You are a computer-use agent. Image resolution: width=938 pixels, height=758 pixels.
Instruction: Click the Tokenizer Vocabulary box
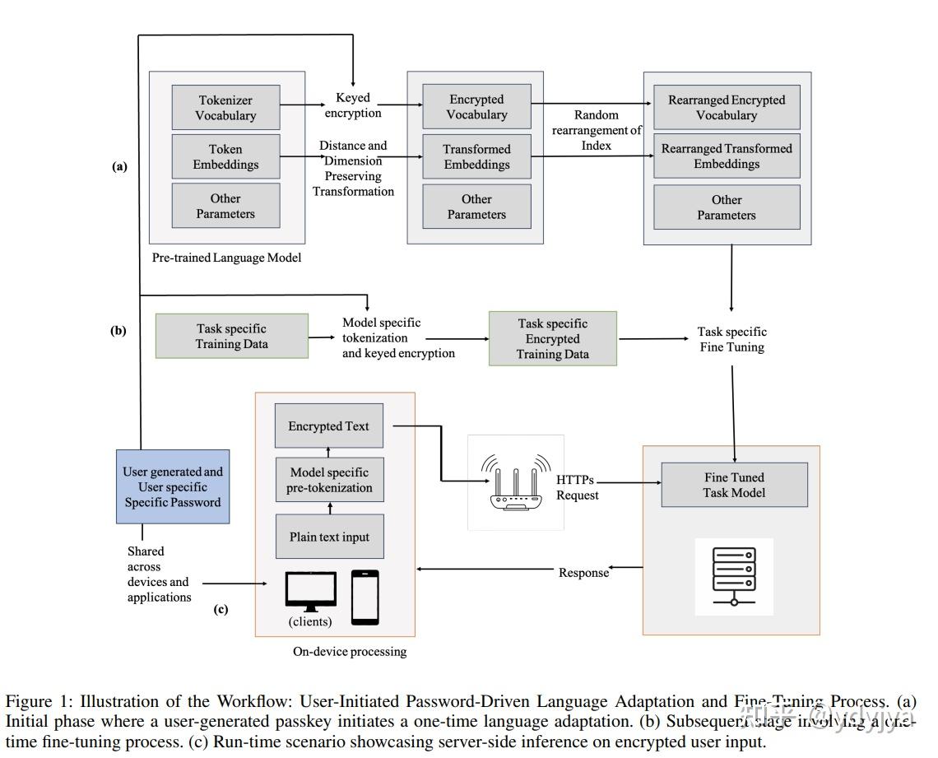(225, 108)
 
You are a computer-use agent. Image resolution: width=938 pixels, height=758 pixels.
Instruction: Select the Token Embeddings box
(225, 156)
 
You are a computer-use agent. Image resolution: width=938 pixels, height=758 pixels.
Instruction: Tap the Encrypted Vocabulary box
(476, 107)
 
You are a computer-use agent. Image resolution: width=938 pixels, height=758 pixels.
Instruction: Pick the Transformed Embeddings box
(476, 156)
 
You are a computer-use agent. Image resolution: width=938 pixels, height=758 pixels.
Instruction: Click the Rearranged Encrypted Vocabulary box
(726, 108)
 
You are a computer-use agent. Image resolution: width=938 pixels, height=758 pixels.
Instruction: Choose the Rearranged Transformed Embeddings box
(726, 156)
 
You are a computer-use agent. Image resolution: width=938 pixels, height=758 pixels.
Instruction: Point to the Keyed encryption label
(353, 105)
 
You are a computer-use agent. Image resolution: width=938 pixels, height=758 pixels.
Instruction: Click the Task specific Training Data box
(231, 336)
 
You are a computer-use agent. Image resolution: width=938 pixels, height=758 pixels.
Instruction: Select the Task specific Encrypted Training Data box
(552, 338)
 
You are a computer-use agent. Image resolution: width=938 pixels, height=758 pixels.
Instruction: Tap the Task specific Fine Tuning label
(731, 339)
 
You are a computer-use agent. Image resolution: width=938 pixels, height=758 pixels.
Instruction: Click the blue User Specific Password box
(173, 486)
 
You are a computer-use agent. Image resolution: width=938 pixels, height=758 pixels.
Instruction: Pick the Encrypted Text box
(328, 426)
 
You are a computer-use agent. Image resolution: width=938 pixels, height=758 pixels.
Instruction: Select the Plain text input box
(328, 537)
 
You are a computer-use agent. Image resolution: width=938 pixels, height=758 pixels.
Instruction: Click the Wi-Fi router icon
(516, 482)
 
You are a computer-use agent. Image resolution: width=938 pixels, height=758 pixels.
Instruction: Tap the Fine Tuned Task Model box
(734, 485)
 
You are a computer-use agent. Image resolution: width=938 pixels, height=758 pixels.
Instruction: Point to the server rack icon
(734, 576)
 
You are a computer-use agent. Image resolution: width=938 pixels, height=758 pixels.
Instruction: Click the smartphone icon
(365, 597)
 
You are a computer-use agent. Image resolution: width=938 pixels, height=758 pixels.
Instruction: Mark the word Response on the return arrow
(583, 573)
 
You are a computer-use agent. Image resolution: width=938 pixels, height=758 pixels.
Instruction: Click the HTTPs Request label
(577, 487)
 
